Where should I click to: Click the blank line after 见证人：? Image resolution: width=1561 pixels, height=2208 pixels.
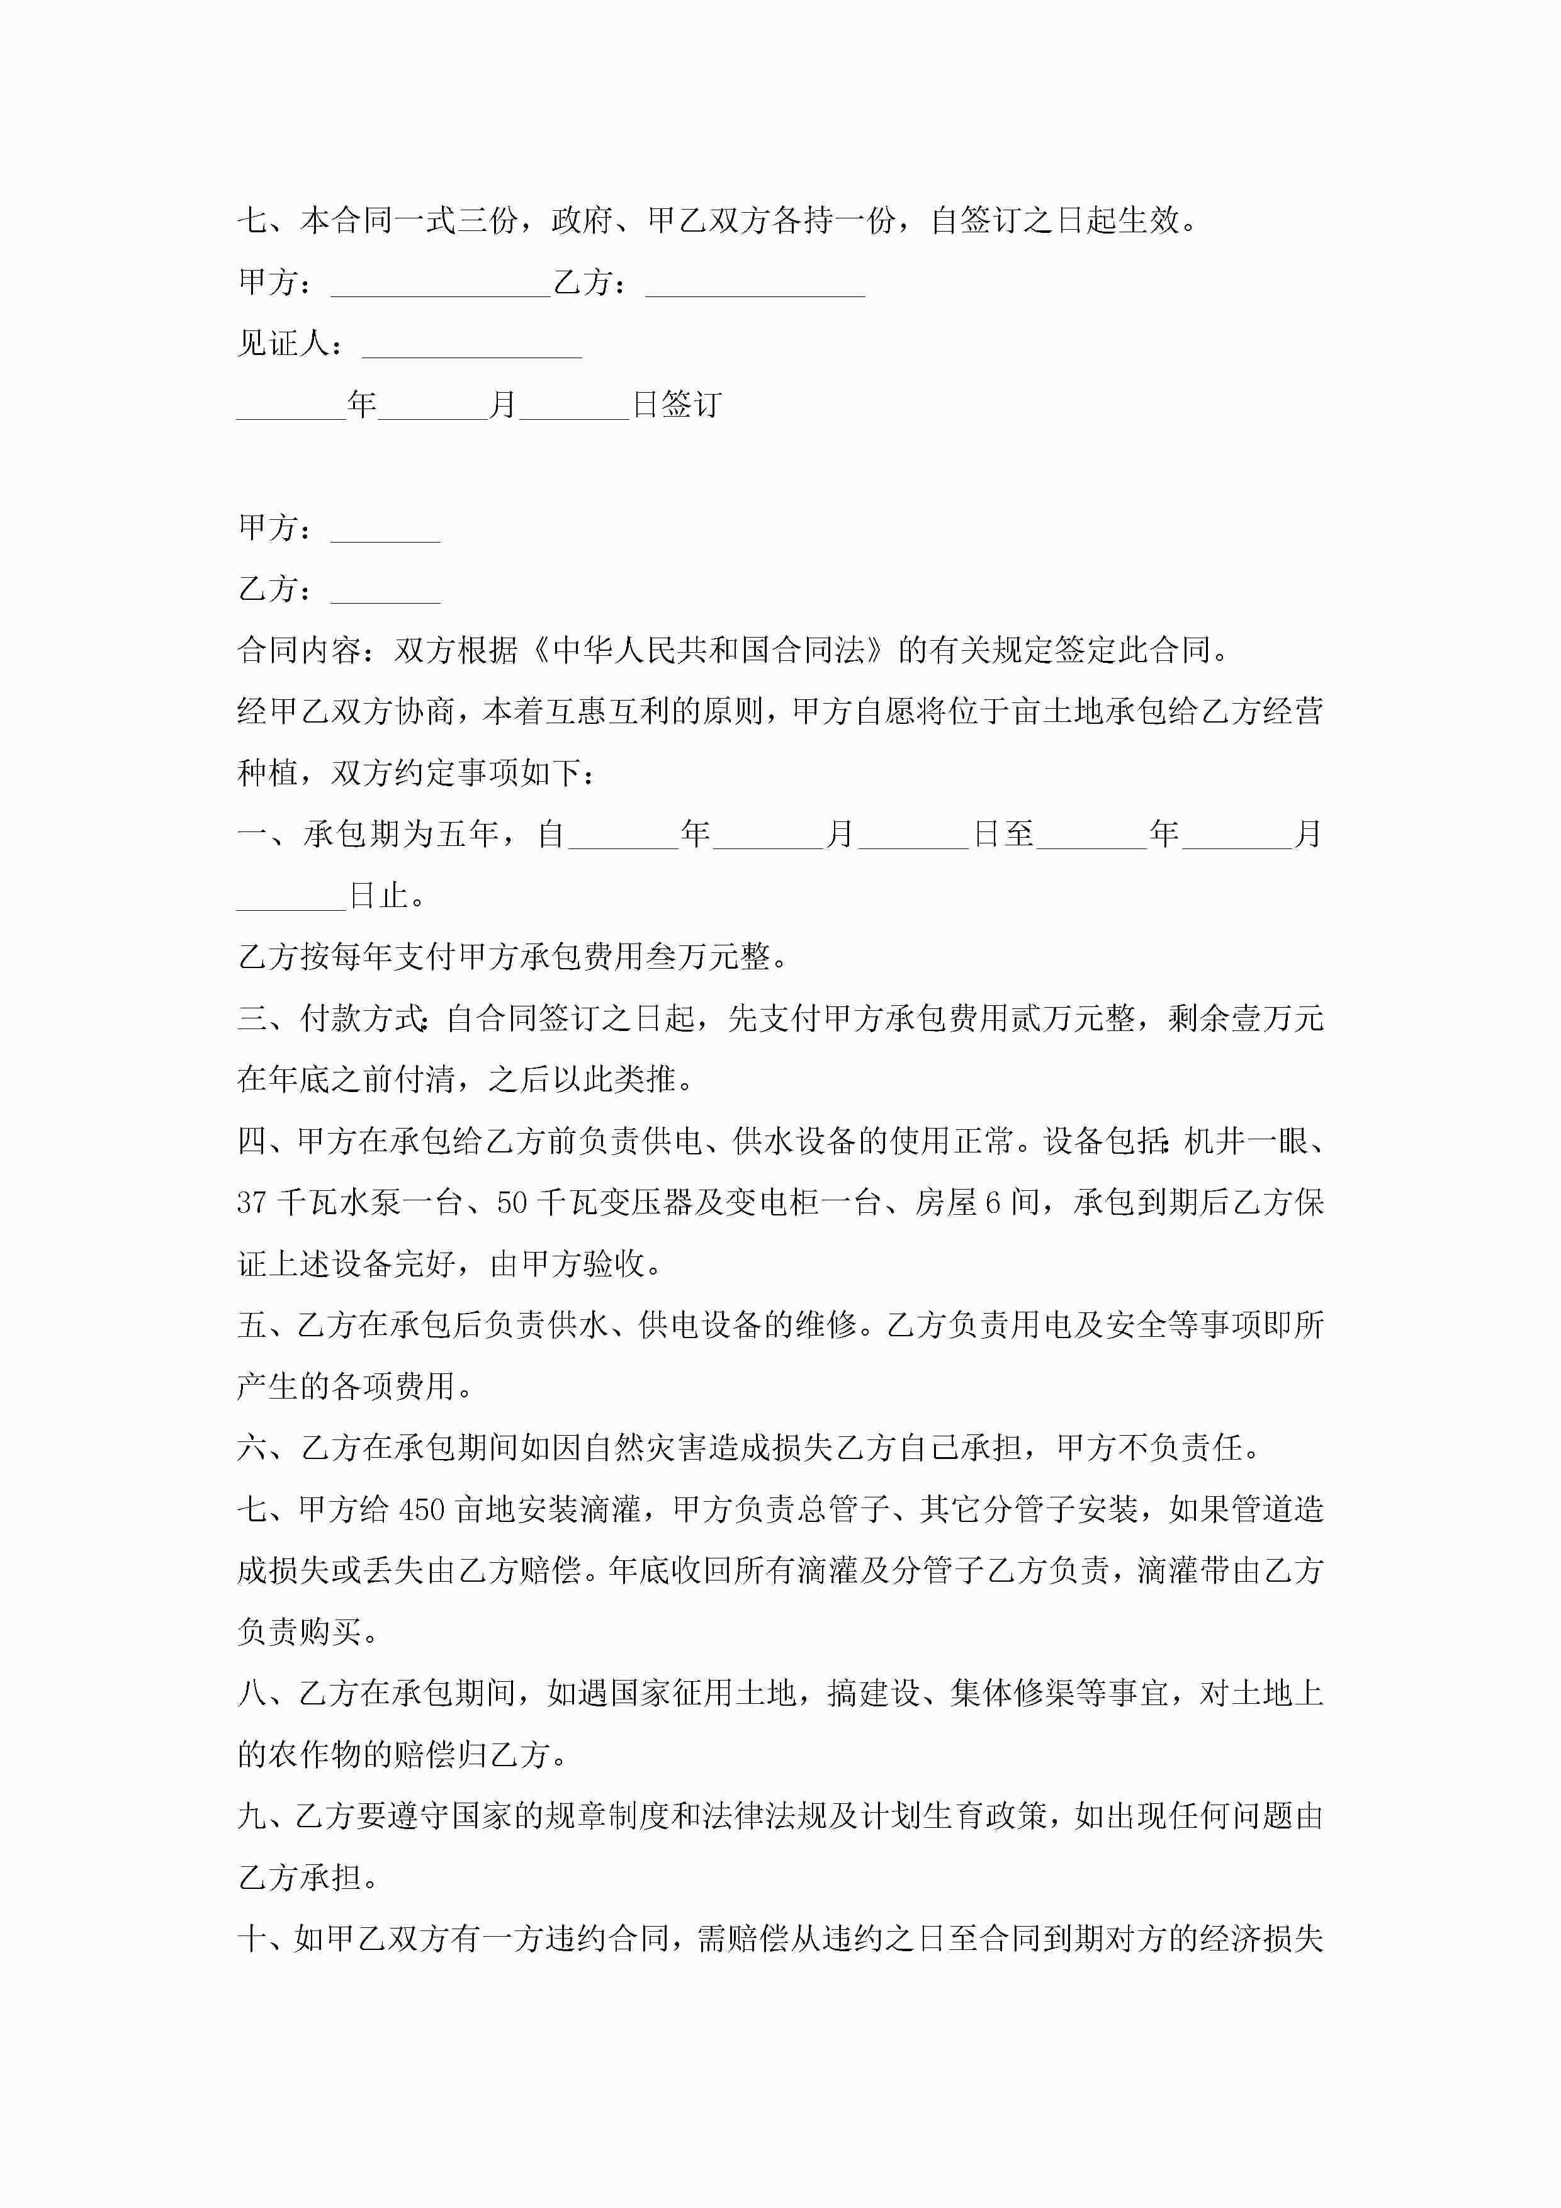tap(471, 346)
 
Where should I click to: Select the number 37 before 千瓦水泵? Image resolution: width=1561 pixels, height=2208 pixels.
tap(251, 1202)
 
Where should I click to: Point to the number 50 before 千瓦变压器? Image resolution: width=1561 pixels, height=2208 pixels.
tap(512, 1202)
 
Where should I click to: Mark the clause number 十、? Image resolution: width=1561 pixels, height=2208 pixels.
tap(262, 1938)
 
